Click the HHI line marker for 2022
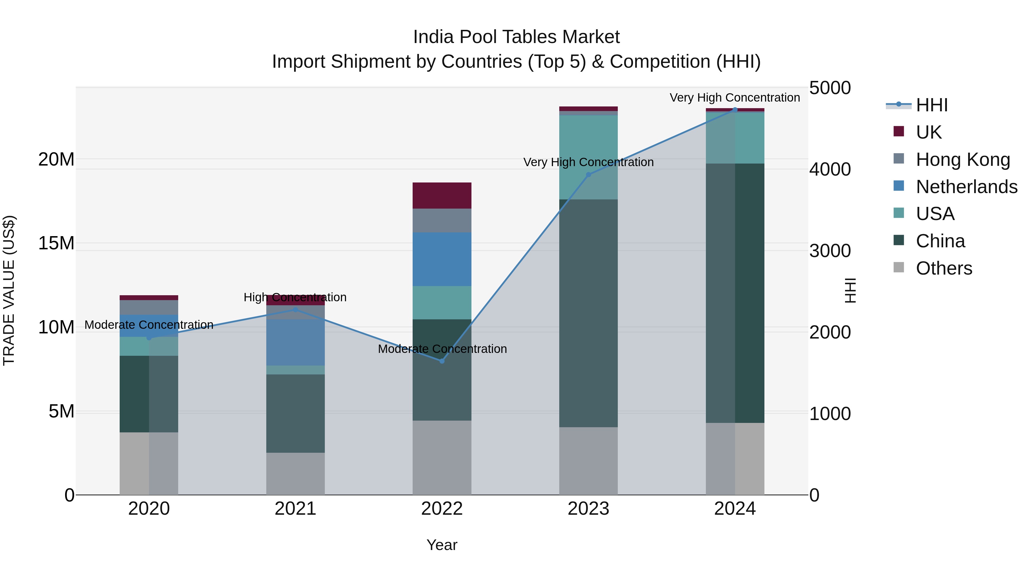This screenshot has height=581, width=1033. pos(442,361)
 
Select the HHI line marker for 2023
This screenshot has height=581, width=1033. pos(588,175)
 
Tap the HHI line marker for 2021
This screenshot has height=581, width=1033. pos(296,310)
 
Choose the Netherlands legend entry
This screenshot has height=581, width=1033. pos(966,187)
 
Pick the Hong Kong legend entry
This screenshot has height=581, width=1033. pos(962,160)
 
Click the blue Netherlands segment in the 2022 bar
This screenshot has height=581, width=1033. pos(442,259)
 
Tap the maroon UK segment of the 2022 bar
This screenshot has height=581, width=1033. pos(442,196)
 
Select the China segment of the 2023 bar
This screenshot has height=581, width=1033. pos(588,313)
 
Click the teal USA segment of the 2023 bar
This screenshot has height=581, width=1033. pos(588,157)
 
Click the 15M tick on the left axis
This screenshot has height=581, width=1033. pos(56,243)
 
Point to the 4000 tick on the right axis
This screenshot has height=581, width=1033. pos(830,169)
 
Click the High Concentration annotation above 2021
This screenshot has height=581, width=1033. pos(295,298)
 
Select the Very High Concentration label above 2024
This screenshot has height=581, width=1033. pos(735,98)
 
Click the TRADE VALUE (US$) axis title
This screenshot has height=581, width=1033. pos(9,290)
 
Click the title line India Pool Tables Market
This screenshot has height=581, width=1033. pos(516,37)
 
